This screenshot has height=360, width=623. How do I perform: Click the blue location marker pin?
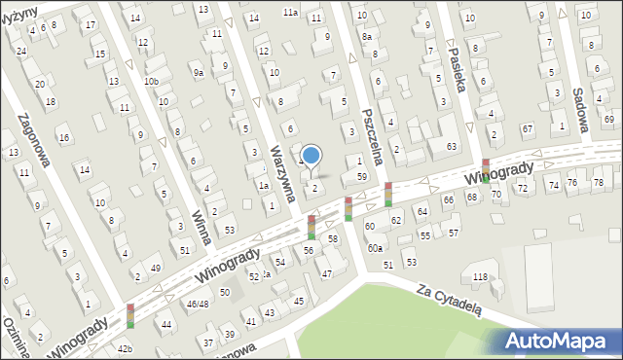(311, 156)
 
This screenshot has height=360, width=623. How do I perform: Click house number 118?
(479, 277)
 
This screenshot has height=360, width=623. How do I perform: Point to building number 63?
(452, 146)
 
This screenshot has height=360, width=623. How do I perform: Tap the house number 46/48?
(198, 305)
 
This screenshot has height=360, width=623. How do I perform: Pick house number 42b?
(125, 348)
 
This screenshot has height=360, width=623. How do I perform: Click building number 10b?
(151, 81)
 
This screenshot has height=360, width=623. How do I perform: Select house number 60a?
(375, 248)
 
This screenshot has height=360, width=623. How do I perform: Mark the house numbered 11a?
(290, 12)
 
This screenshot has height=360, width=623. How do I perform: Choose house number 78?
(599, 182)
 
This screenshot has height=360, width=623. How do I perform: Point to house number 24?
(21, 52)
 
